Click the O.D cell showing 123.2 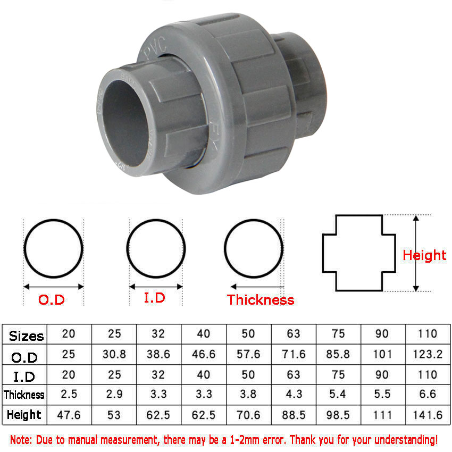click(x=428, y=354)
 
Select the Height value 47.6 click(x=69, y=415)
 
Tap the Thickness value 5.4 click(x=338, y=395)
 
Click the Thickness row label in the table click(x=24, y=395)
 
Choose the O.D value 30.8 click(x=114, y=354)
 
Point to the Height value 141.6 click(x=428, y=415)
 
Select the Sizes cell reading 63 click(x=294, y=334)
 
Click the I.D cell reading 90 click(x=382, y=375)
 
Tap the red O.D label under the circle click(x=51, y=300)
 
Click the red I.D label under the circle click(x=154, y=298)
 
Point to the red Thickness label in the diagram click(x=261, y=300)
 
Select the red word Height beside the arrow click(x=424, y=255)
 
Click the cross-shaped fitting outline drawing click(x=359, y=253)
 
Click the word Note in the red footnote click(x=23, y=440)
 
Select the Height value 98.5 click(x=338, y=415)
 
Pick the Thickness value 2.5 click(x=69, y=395)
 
